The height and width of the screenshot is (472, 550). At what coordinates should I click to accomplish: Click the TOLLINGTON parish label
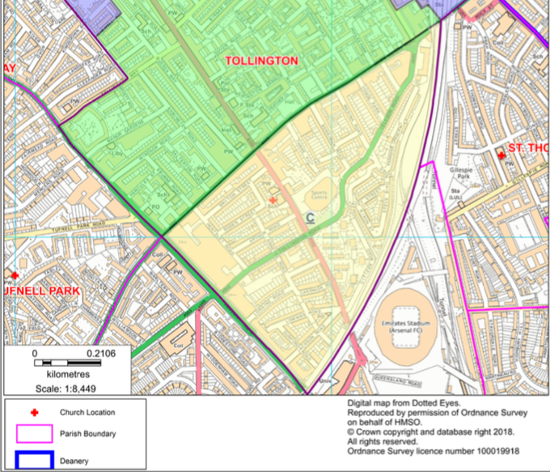point(260,61)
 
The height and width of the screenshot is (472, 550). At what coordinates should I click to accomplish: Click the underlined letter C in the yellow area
point(310,218)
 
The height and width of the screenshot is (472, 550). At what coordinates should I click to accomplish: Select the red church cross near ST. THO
point(501,154)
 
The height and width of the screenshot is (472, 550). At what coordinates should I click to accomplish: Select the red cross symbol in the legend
point(33,412)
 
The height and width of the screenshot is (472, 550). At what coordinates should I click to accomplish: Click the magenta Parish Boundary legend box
point(33,435)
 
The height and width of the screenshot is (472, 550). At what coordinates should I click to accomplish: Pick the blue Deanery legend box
point(33,461)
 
